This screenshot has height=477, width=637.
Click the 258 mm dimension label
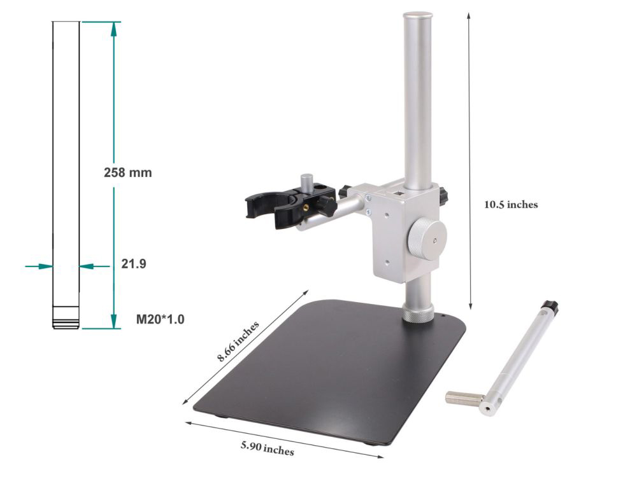pyautogui.click(x=127, y=172)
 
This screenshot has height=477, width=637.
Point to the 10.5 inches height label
pyautogui.click(x=511, y=205)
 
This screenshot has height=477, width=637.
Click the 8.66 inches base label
pyautogui.click(x=238, y=342)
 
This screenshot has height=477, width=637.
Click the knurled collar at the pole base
pyautogui.click(x=418, y=314)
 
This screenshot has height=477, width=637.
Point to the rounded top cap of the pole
pyautogui.click(x=418, y=15)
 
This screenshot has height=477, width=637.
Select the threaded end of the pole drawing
pyautogui.click(x=66, y=317)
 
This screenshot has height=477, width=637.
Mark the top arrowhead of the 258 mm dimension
pyautogui.click(x=113, y=26)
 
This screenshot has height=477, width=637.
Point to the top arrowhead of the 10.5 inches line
pyautogui.click(x=469, y=14)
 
